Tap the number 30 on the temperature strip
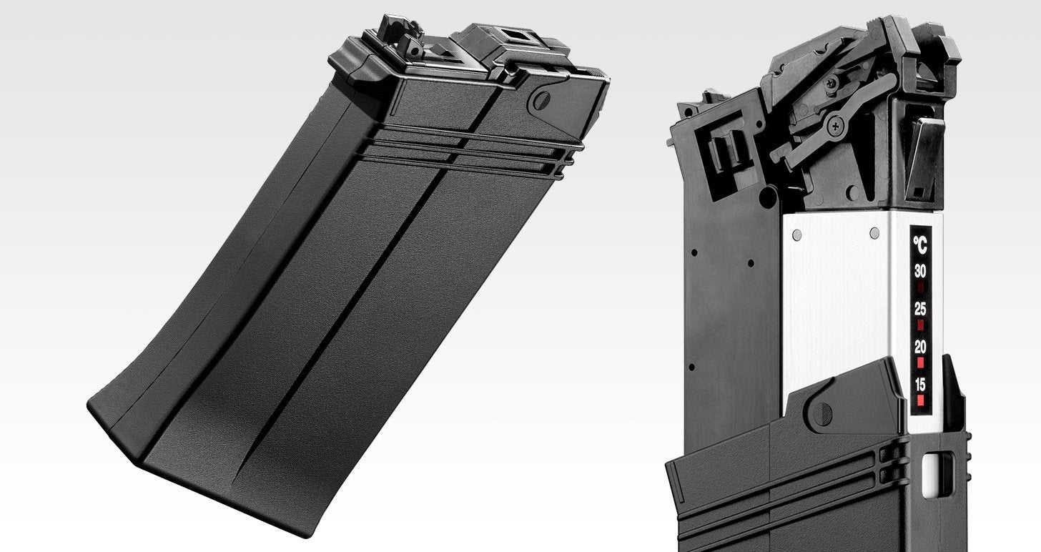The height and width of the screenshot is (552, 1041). click(x=920, y=271)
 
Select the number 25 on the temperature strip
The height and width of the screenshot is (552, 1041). click(x=920, y=309)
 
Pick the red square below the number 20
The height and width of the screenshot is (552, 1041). click(x=920, y=362)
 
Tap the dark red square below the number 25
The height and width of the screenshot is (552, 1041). click(x=920, y=325)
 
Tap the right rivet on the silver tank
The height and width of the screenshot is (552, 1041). click(x=874, y=232)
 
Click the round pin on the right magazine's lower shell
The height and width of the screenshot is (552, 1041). click(x=823, y=413)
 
